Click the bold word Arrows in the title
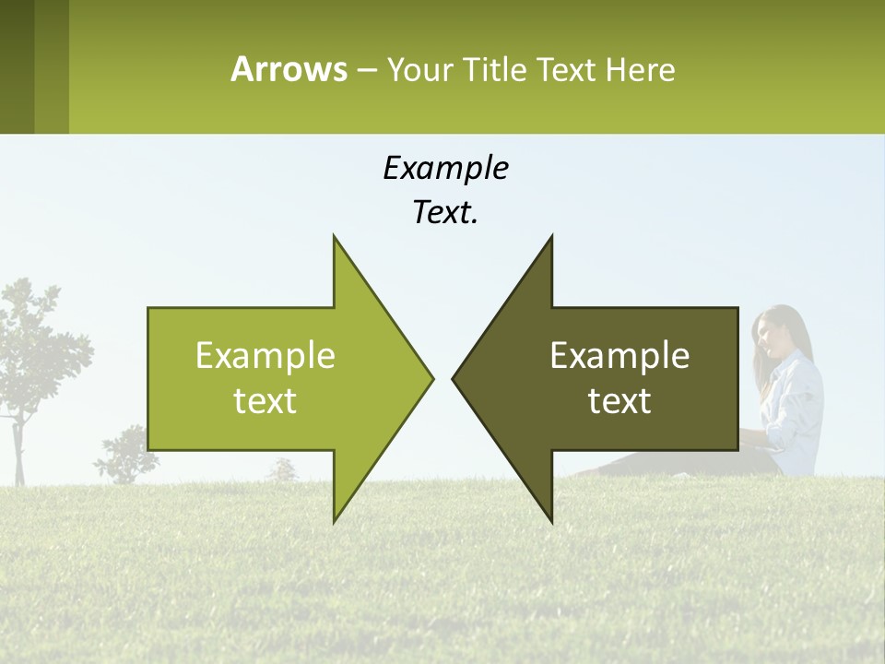(289, 69)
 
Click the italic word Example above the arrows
(445, 168)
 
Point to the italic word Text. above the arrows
(445, 213)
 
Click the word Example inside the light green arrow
(265, 355)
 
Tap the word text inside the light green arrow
(265, 400)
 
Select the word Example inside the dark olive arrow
(619, 355)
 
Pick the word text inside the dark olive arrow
(619, 400)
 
